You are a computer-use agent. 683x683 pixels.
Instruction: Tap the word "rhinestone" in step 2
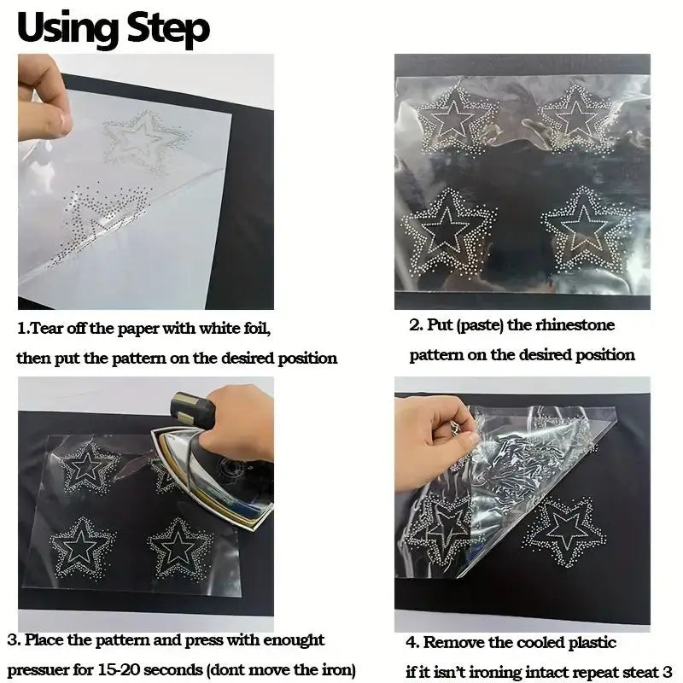tap(575, 325)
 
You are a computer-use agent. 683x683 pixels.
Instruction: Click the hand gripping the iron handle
tap(231, 418)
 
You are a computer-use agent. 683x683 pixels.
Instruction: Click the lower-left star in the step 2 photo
tap(447, 228)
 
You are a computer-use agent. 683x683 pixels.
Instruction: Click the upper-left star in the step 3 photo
tap(86, 467)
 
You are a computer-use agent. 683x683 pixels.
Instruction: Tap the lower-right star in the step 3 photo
tap(181, 546)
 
